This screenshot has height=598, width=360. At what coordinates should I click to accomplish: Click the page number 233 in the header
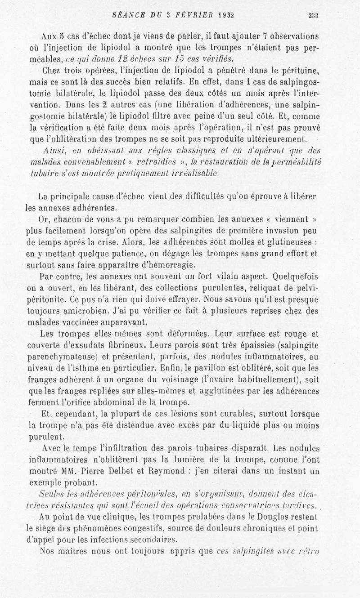point(313,15)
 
